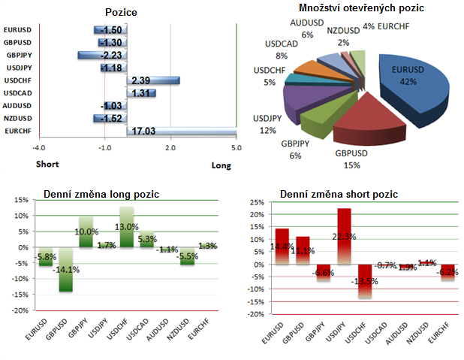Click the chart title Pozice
122,12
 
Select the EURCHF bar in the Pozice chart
180,132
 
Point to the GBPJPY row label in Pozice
17,55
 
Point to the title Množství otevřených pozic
361,8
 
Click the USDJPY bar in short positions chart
345,236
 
